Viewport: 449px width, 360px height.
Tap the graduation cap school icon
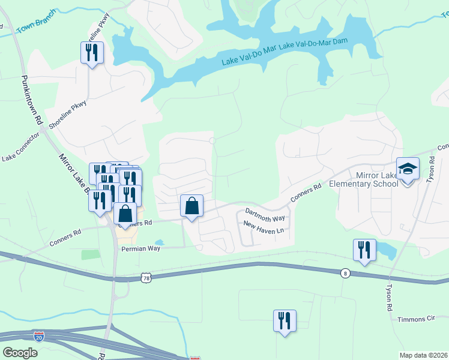[x=408, y=169]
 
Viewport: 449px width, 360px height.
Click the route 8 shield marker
[x=345, y=273]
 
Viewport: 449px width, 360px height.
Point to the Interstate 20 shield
[x=39, y=337]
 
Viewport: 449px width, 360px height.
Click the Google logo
[x=20, y=352]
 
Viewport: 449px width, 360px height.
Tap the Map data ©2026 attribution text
[x=423, y=355]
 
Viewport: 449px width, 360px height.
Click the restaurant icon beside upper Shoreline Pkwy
[x=92, y=53]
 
